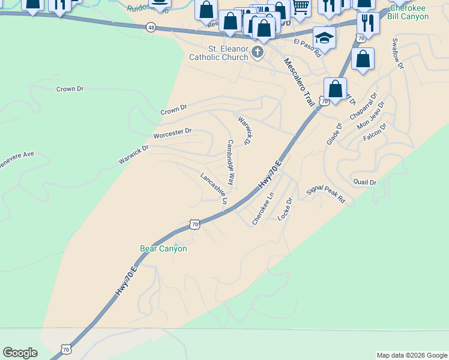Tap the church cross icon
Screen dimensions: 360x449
point(258,52)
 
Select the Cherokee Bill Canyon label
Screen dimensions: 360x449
point(409,12)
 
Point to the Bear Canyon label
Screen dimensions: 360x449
point(163,248)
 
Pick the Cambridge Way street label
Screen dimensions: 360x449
point(230,163)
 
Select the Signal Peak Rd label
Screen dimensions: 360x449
point(326,194)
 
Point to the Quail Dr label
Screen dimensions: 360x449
point(365,182)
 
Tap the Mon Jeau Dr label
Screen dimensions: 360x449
point(370,115)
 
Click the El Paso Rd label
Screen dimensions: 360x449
point(307,47)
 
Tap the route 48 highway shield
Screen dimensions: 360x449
point(150,28)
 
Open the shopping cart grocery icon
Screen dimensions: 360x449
point(300,7)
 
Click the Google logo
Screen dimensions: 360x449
point(20,353)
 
